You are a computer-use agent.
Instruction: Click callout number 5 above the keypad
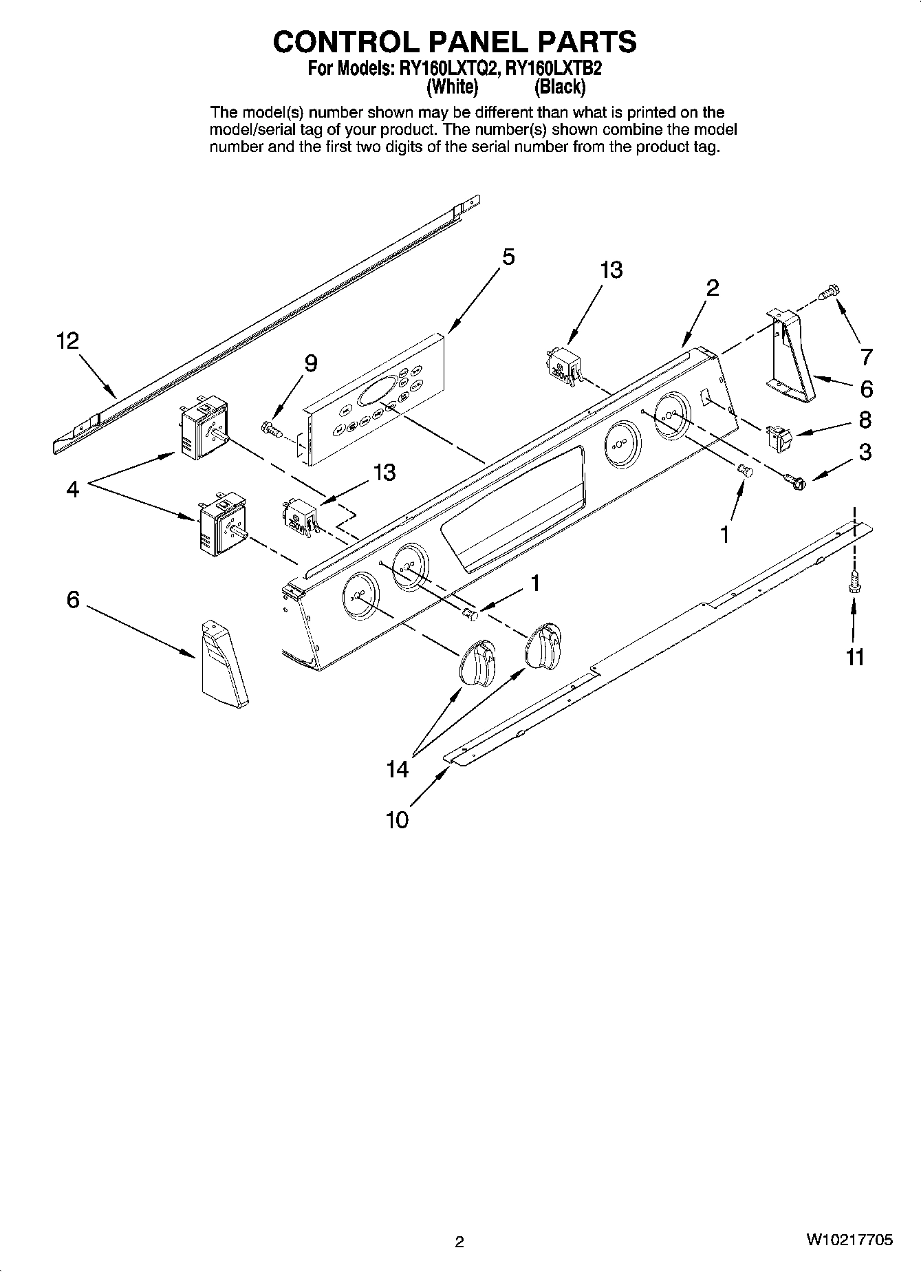coord(508,257)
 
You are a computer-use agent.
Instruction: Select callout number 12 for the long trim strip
coord(67,341)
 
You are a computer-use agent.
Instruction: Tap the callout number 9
coord(311,363)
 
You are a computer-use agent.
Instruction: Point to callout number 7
coord(866,356)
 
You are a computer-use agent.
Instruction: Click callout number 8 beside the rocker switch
coord(865,420)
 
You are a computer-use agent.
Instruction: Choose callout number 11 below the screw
coord(854,658)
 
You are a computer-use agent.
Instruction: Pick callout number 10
coord(397,819)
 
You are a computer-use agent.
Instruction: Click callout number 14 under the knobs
coord(397,769)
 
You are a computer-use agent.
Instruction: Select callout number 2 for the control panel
coord(712,288)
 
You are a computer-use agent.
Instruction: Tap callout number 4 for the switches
coord(73,489)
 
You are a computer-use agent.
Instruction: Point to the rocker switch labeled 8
coord(777,436)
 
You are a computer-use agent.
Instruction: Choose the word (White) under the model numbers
coord(452,87)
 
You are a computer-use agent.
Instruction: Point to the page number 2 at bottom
coord(459,1242)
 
